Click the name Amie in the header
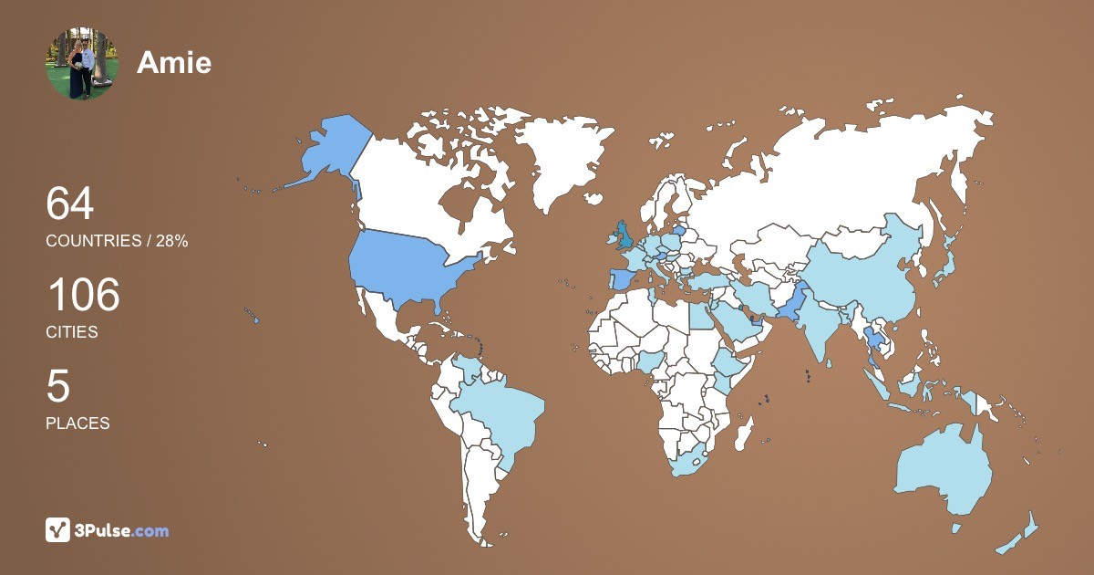pos(174,62)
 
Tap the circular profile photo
pos(82,63)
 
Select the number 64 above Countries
pos(69,204)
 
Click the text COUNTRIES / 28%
pos(117,241)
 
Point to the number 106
pos(83,295)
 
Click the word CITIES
pos(72,332)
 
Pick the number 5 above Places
pos(57,386)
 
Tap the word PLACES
pos(77,423)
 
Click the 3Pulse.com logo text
pos(122,530)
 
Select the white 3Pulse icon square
pos(58,530)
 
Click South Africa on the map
pos(693,461)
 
